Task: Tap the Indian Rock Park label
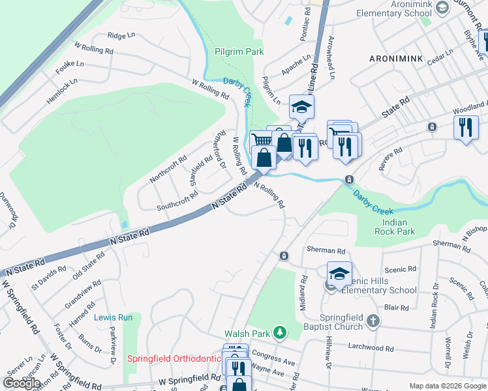(395, 227)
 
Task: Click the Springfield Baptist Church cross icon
(373, 321)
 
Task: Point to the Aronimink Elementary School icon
(442, 8)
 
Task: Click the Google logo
(22, 383)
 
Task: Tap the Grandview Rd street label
(83, 295)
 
